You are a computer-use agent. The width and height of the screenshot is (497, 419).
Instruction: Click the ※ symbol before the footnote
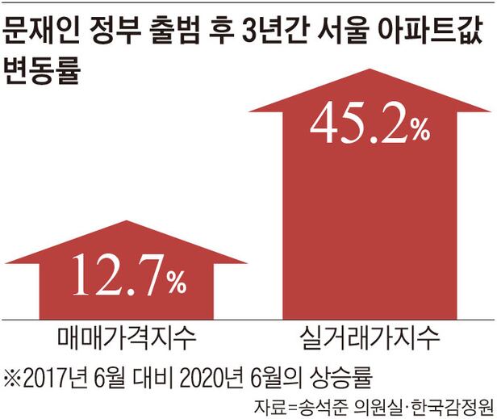[x=14, y=376]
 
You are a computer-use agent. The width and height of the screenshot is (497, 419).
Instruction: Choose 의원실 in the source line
[x=377, y=404]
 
